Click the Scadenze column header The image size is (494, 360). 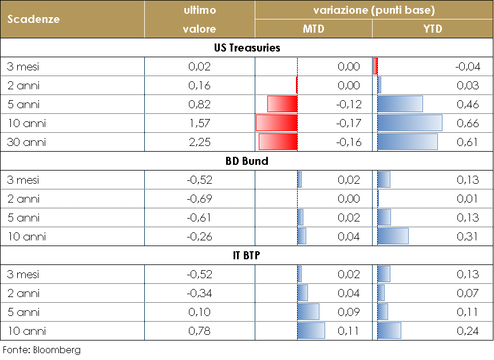pyautogui.click(x=34, y=19)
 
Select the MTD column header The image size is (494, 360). pyautogui.click(x=313, y=29)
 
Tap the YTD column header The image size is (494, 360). pyautogui.click(x=433, y=29)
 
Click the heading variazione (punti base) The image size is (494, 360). pyautogui.click(x=374, y=10)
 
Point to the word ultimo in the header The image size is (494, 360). pyautogui.click(x=199, y=10)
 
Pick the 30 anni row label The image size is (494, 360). pyautogui.click(x=26, y=142)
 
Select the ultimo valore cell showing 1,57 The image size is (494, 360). pyautogui.click(x=199, y=123)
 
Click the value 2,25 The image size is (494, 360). pyautogui.click(x=199, y=142)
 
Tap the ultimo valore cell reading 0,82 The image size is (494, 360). pyautogui.click(x=199, y=104)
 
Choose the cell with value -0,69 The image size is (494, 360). pyautogui.click(x=199, y=199)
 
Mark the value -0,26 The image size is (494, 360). pyautogui.click(x=199, y=236)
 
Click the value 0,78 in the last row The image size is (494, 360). pyautogui.click(x=199, y=331)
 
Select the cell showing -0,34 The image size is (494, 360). pyautogui.click(x=199, y=293)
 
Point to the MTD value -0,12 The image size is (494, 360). pyautogui.click(x=349, y=104)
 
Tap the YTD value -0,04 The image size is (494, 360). pyautogui.click(x=467, y=66)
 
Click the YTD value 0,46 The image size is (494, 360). pyautogui.click(x=468, y=104)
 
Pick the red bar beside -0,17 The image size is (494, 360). pyautogui.click(x=276, y=123)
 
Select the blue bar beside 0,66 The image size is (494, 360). pyautogui.click(x=410, y=123)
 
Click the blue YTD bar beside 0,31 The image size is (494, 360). pyautogui.click(x=393, y=236)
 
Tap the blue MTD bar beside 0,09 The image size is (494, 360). pyautogui.click(x=309, y=312)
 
